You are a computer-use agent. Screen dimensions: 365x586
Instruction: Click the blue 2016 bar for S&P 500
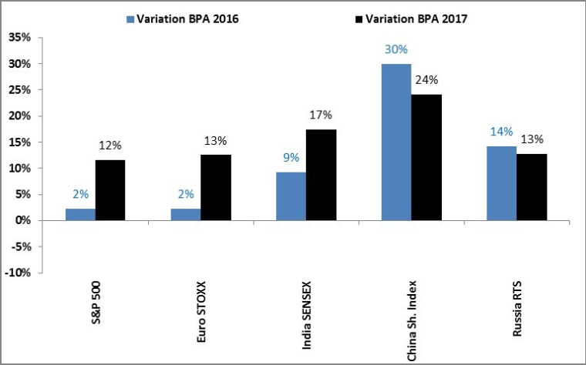point(80,214)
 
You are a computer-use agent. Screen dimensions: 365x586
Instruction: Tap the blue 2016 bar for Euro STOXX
point(185,214)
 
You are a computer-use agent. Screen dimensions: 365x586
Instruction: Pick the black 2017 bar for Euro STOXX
point(215,188)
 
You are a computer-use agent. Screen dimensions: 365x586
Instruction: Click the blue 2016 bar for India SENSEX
point(291,196)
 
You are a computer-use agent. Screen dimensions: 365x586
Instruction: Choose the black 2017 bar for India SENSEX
point(321,175)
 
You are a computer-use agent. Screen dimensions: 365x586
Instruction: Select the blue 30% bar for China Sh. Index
point(396,142)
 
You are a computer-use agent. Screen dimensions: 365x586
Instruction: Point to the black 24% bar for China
point(426,158)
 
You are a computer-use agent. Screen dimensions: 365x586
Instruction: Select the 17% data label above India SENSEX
point(321,115)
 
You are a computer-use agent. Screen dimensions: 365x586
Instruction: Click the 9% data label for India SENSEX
point(290,158)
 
